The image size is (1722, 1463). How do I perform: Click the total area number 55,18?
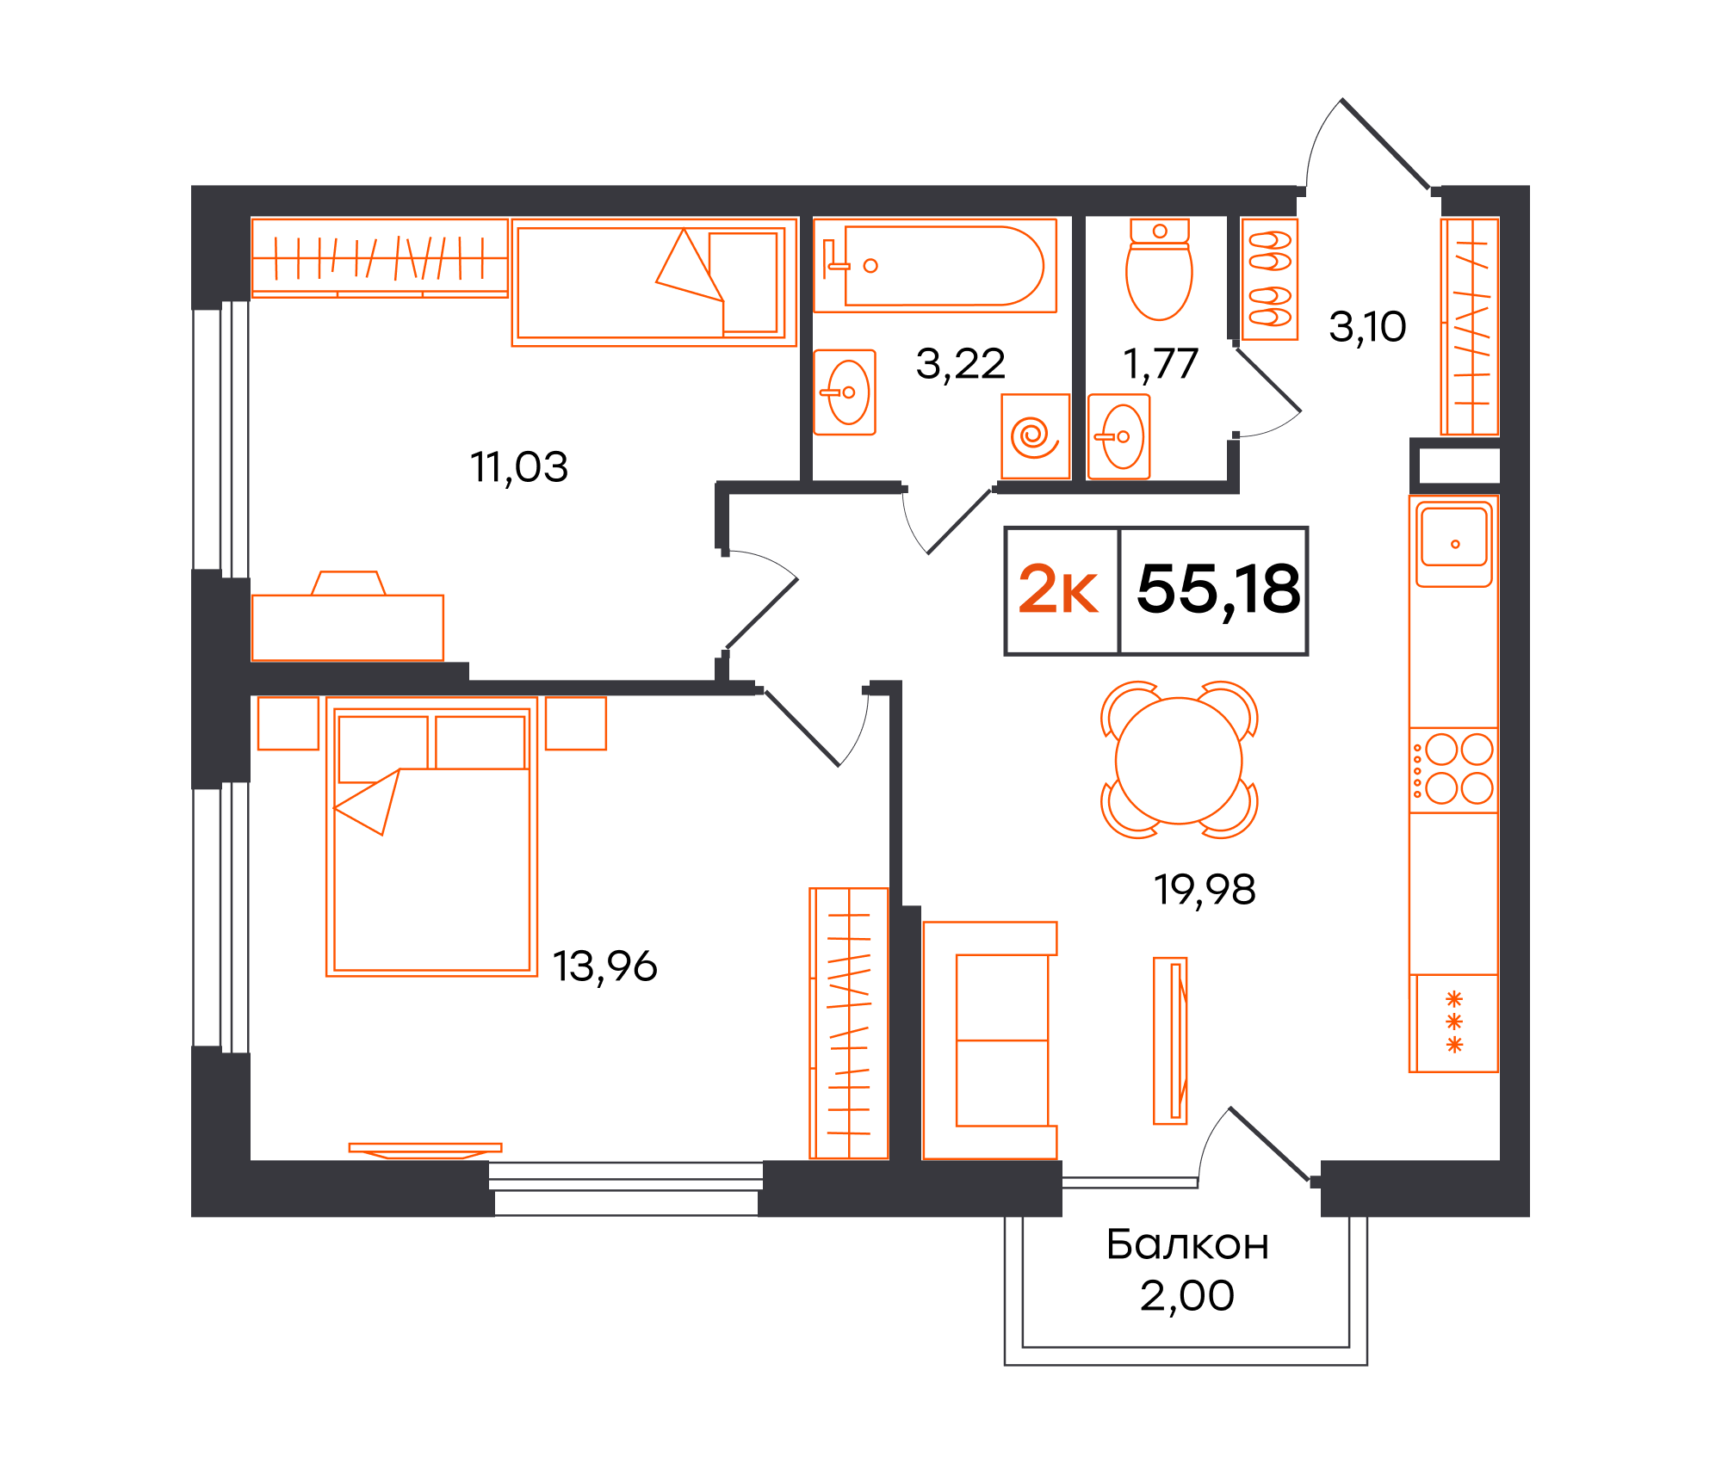pyautogui.click(x=1217, y=590)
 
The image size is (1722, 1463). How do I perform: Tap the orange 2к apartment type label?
pyautogui.click(x=1058, y=590)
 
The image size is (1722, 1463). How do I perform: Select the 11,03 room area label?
pyautogui.click(x=519, y=467)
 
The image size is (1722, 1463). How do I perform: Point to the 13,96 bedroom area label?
pyautogui.click(x=604, y=966)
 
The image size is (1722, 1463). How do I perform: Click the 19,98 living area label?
pyautogui.click(x=1205, y=890)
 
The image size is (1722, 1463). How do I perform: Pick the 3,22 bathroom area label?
pyautogui.click(x=960, y=364)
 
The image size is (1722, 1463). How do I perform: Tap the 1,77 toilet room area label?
pyautogui.click(x=1161, y=364)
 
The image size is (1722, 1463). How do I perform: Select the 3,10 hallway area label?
pyautogui.click(x=1367, y=327)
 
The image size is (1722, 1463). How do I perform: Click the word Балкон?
pyautogui.click(x=1187, y=1245)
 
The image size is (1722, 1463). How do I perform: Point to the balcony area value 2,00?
pyautogui.click(x=1187, y=1296)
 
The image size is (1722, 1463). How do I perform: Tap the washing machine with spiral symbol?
pyautogui.click(x=1035, y=436)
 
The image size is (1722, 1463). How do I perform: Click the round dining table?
pyautogui.click(x=1179, y=761)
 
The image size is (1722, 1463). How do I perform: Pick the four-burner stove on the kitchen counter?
pyautogui.click(x=1454, y=769)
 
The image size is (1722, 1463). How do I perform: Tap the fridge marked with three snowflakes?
pyautogui.click(x=1454, y=1022)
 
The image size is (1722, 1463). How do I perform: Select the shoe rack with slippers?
pyautogui.click(x=1270, y=279)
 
